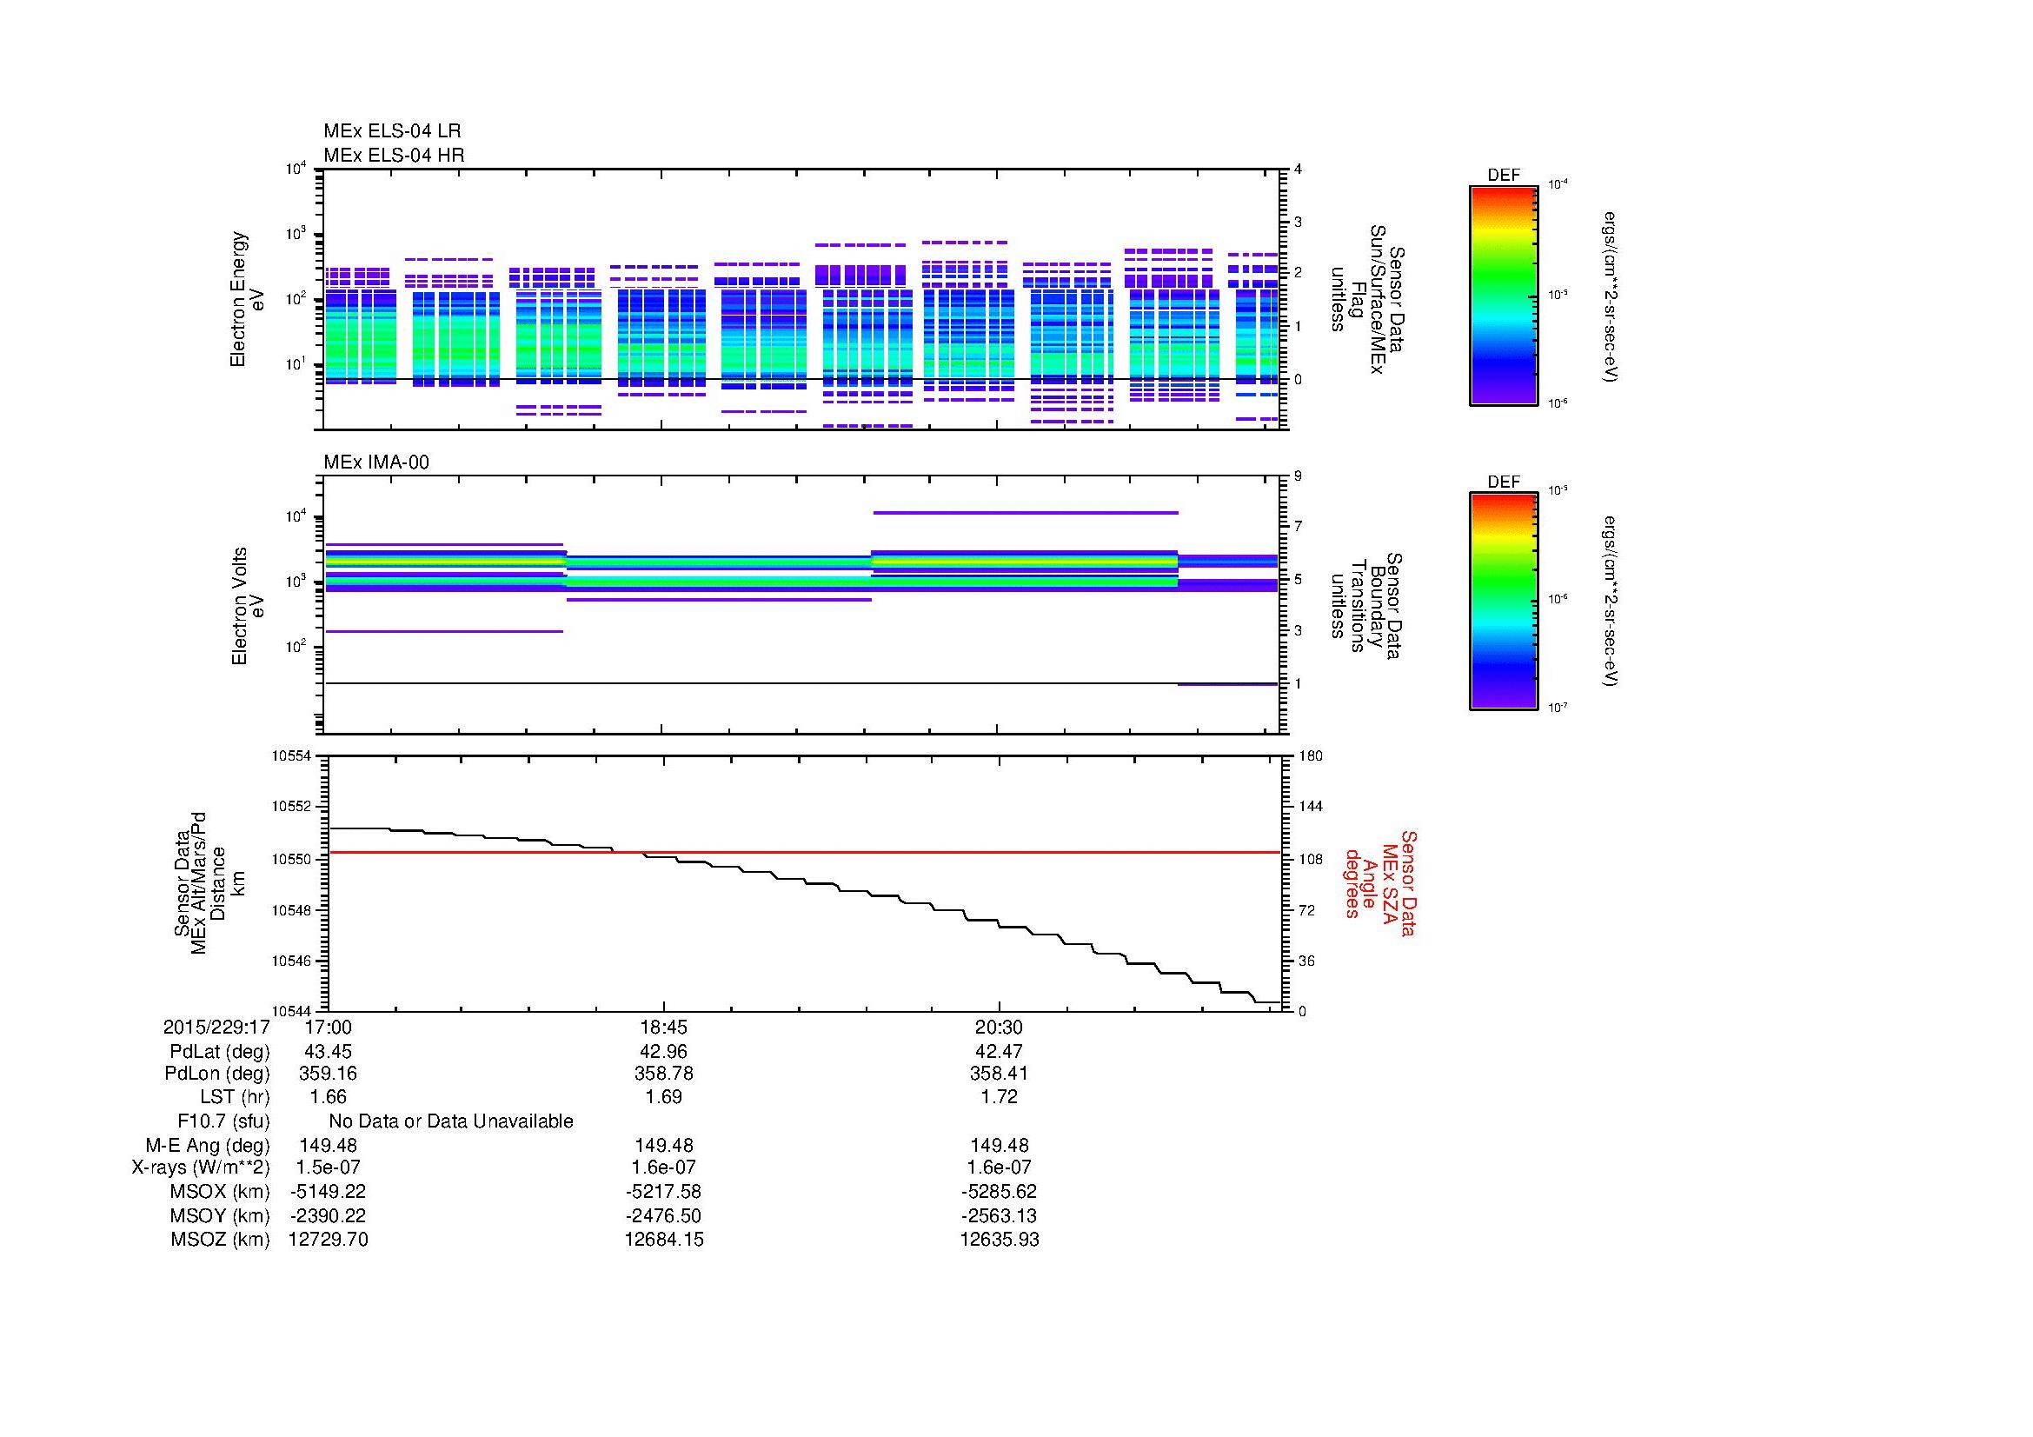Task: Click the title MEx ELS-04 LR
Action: click(x=391, y=131)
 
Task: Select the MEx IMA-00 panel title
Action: click(x=375, y=462)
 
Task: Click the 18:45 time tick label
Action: click(x=663, y=1028)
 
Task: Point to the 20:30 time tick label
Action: click(x=999, y=1028)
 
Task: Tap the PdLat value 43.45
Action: click(x=328, y=1052)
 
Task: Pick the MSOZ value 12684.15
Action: click(x=663, y=1240)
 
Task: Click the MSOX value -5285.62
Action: click(x=999, y=1192)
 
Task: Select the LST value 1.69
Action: click(x=663, y=1097)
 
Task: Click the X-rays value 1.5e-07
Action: click(x=328, y=1168)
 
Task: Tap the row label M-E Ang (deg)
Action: click(x=207, y=1145)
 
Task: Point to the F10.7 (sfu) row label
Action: click(x=223, y=1121)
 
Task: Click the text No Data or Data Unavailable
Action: click(x=451, y=1121)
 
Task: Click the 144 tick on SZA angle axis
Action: click(x=1310, y=807)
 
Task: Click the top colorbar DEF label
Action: click(x=1503, y=176)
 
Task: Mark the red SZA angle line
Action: click(x=886, y=852)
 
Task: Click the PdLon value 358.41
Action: click(x=999, y=1073)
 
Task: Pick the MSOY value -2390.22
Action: click(x=328, y=1215)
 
